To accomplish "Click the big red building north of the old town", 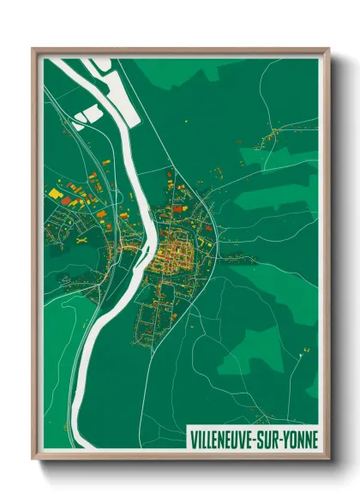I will click(178, 207).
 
